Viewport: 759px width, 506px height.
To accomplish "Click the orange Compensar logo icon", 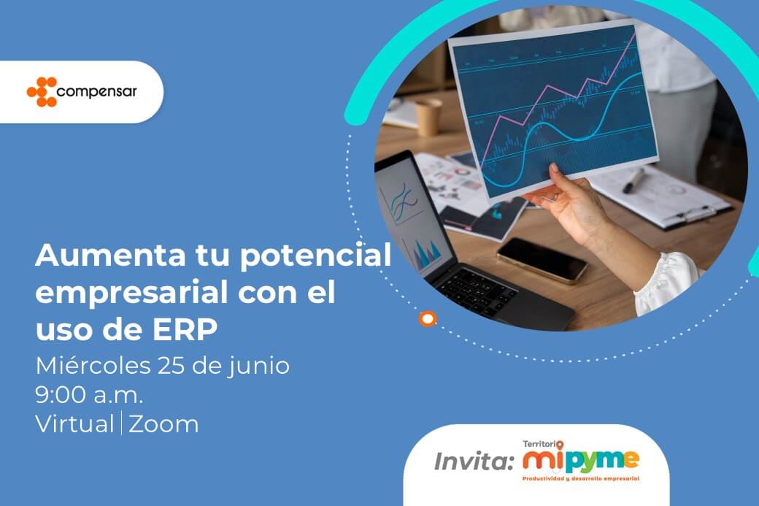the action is [42, 91].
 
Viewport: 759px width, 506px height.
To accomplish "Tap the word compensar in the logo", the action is [97, 91].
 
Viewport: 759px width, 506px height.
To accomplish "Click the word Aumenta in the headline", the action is [110, 255].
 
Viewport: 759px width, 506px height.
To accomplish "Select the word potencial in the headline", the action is [315, 256].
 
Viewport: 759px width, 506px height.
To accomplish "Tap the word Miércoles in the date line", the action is [93, 366].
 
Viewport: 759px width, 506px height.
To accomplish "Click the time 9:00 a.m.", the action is [90, 396].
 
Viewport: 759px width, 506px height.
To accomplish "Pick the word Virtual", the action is [74, 424].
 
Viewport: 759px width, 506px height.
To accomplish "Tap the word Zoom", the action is [163, 425].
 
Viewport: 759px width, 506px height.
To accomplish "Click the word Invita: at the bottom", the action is [474, 461].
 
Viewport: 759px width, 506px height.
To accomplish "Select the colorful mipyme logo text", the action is [581, 460].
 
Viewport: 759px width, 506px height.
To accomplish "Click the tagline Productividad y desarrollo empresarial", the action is [581, 478].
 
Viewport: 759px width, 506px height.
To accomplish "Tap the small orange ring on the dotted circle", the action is [428, 318].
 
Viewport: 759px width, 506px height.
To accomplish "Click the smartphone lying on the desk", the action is [542, 259].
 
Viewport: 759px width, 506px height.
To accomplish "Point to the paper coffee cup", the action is [428, 117].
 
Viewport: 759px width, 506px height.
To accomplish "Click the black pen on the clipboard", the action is [634, 180].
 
